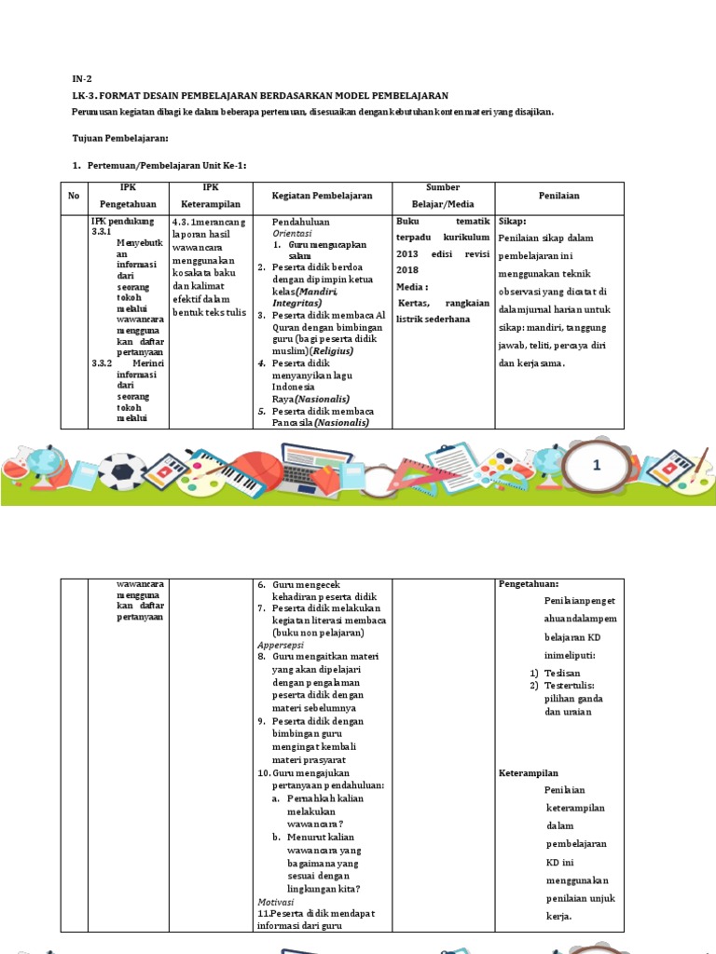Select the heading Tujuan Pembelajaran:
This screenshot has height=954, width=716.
click(119, 138)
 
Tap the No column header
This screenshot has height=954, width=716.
click(74, 196)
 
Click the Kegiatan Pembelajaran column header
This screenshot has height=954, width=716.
click(322, 196)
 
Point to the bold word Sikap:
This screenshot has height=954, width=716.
click(513, 223)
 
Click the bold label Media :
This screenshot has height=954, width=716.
click(412, 287)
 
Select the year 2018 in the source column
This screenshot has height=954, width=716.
click(409, 270)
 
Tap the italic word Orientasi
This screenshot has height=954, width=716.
click(293, 234)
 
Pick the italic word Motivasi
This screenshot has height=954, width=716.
click(276, 902)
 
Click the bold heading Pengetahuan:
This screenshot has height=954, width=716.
click(530, 584)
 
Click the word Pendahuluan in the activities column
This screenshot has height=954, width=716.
click(301, 223)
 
